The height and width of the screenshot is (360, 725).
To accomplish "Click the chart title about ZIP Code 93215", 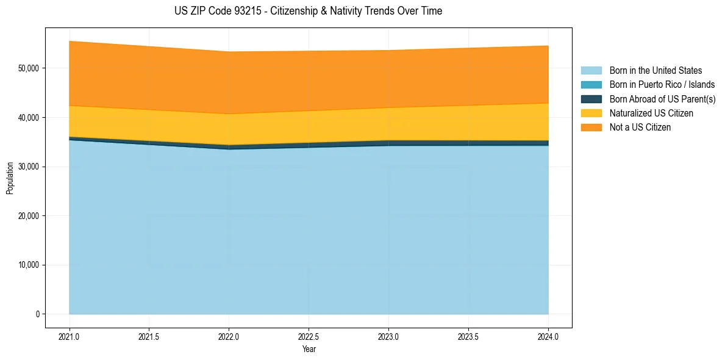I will point(309,11).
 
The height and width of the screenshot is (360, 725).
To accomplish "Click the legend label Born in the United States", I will point(655,71).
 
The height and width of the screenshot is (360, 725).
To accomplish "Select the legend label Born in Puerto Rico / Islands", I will point(662,85).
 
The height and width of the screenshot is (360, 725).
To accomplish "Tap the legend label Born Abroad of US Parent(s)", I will point(662,99).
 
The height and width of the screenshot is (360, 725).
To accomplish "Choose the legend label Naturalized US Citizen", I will point(651,113).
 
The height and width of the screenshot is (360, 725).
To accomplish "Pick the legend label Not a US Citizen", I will point(640,128).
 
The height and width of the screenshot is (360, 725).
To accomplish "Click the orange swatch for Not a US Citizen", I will point(591,128).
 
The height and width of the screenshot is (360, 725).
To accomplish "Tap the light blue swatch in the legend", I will point(591,71).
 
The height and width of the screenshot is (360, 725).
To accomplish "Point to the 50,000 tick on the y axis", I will point(28,68).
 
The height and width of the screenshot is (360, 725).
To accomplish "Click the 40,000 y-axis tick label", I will point(28,117).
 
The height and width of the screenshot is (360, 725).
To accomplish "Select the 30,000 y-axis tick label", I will point(28,167).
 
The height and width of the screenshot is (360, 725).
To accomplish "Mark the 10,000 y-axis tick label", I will point(28,265).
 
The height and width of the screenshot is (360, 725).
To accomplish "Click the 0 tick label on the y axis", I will point(37,314).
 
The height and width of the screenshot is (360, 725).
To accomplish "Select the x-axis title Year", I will point(309,350).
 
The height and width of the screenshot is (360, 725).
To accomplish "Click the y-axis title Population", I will point(10,178).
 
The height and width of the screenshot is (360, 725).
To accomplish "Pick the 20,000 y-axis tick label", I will point(28,216).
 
